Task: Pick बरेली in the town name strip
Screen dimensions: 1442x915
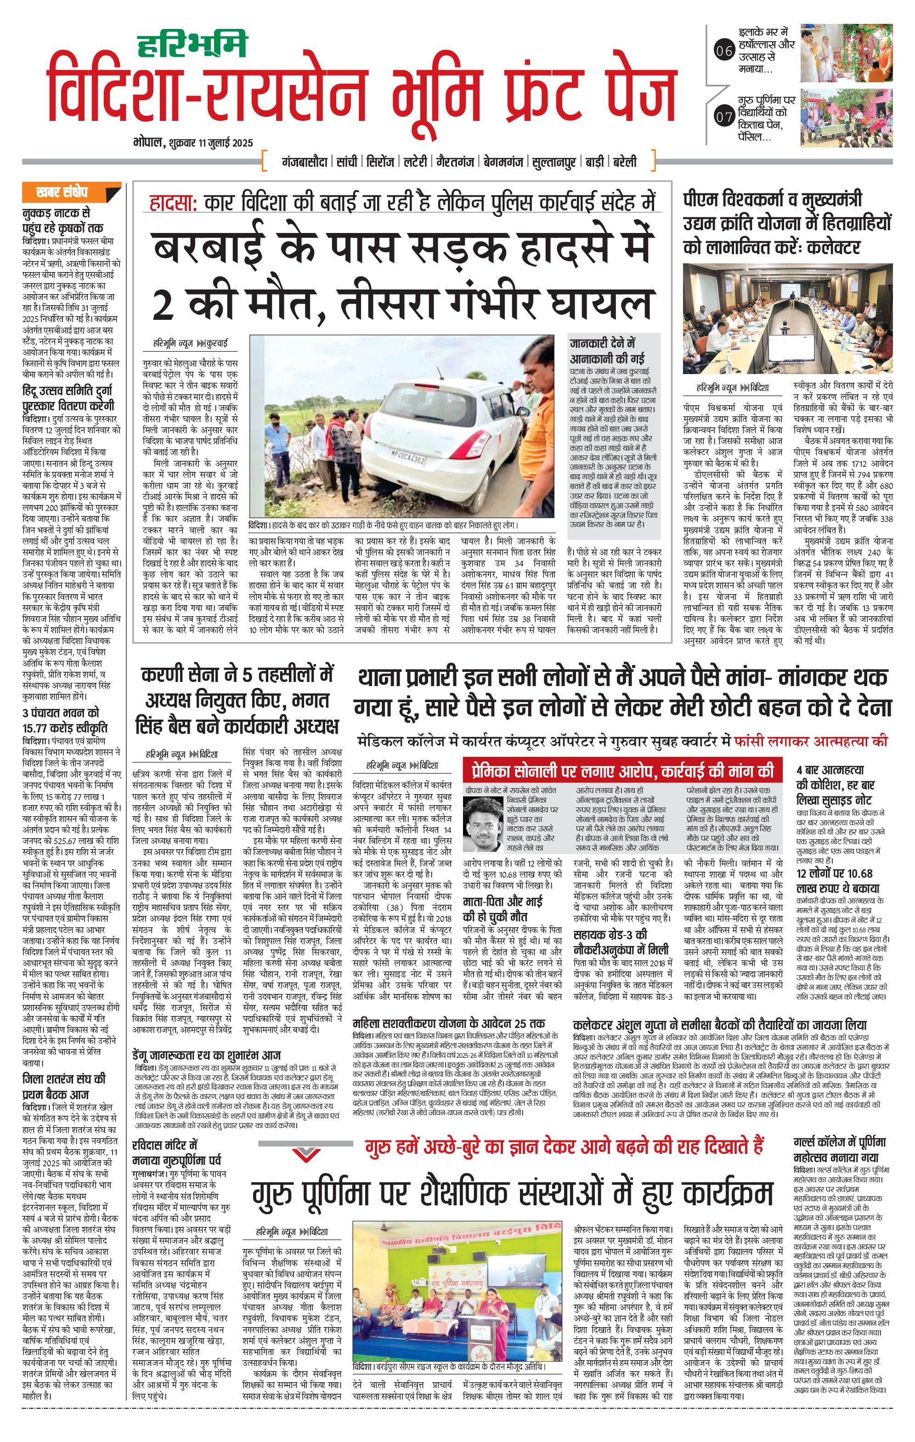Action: [624, 162]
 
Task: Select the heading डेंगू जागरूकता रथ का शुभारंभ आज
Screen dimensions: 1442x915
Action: [206, 1055]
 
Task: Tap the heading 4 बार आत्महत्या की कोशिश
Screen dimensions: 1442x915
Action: [834, 785]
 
